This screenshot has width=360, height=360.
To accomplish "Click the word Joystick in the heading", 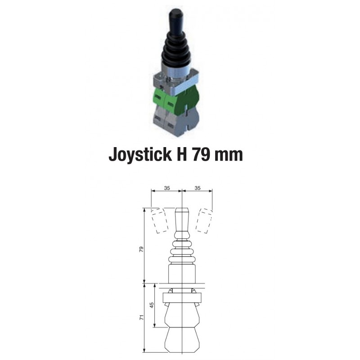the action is point(140,154).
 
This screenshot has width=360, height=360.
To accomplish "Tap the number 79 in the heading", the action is point(201,154).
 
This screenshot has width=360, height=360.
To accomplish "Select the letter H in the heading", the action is point(182,154).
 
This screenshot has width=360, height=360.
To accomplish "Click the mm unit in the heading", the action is point(228,156).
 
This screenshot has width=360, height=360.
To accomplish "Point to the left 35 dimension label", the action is point(167,188).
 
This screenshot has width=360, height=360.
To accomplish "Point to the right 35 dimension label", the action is point(198,188).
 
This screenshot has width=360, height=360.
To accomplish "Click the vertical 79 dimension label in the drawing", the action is point(141,249).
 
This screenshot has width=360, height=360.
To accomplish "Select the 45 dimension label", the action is point(152,305).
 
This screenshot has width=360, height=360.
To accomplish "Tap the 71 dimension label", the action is point(141,318).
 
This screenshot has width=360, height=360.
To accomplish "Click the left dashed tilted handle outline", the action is point(160,220).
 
